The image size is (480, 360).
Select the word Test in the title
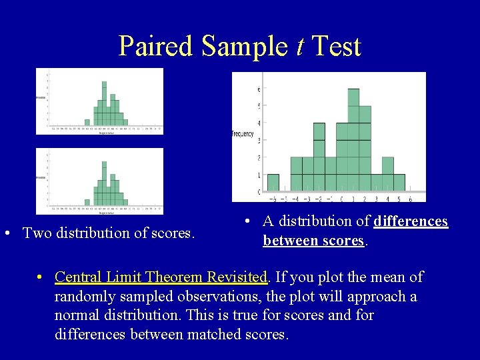tap(336, 47)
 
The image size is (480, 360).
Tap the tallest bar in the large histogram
tap(353, 140)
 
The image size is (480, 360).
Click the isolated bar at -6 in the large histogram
tap(273, 183)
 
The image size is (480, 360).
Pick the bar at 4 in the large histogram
tap(387, 174)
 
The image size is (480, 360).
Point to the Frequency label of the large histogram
tap(243, 134)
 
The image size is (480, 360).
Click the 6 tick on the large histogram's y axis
tap(259, 89)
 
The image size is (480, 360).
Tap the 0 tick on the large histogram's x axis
tap(341, 198)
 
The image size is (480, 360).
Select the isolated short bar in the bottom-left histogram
tap(87, 202)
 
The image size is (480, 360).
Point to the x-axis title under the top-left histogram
tap(107, 133)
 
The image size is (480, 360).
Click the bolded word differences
tap(411, 221)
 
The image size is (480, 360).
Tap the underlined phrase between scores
tap(313, 241)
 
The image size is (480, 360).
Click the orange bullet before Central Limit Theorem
tap(41, 277)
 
